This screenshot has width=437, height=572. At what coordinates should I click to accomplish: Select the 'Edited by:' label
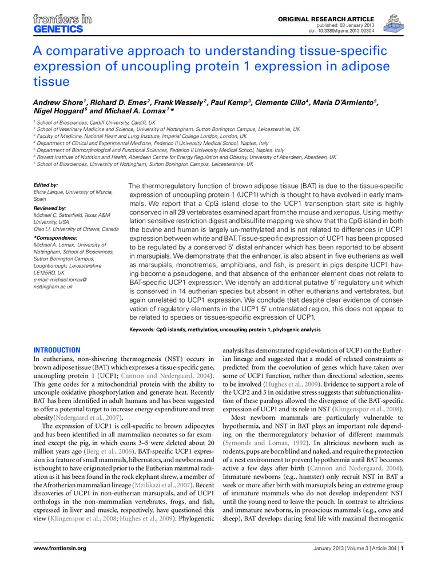click(46, 185)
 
